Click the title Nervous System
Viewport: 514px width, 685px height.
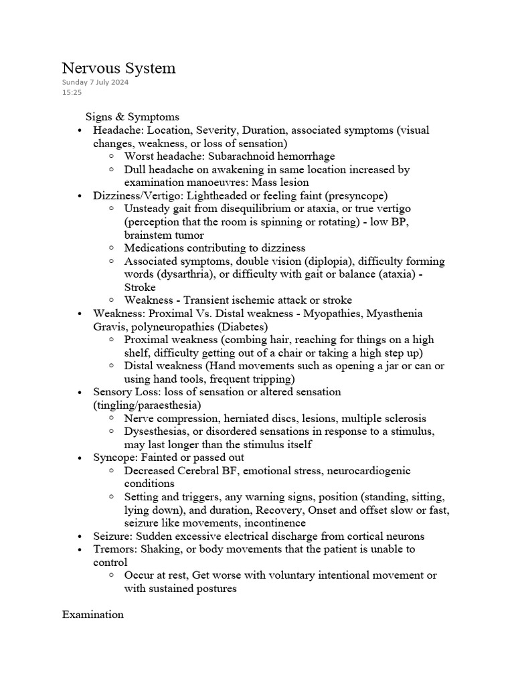[x=118, y=68]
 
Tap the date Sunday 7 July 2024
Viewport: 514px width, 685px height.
[x=95, y=82]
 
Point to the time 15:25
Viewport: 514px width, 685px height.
[x=72, y=92]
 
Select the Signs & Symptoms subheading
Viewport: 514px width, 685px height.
[x=132, y=117]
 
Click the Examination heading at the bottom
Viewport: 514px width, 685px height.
[x=92, y=614]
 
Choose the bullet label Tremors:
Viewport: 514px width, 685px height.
[x=116, y=549]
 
